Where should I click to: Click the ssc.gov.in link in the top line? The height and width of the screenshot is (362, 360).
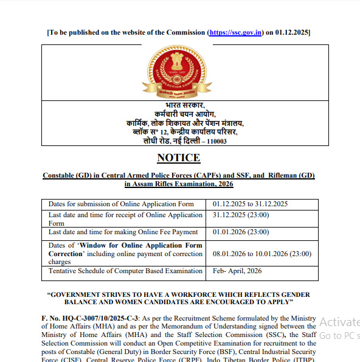(236, 32)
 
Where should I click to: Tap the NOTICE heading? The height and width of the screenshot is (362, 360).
(178, 158)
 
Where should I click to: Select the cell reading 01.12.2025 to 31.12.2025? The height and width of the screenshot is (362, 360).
(250, 204)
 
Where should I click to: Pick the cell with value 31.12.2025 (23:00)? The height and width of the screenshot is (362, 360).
(241, 215)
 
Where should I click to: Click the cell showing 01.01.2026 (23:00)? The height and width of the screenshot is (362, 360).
(241, 232)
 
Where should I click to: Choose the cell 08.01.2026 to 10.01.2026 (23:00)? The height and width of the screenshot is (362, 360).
(261, 254)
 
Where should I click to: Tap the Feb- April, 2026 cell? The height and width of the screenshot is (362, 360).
(237, 271)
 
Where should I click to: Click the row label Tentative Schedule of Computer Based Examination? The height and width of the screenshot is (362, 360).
(125, 271)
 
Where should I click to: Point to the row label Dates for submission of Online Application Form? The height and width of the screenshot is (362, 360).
(121, 204)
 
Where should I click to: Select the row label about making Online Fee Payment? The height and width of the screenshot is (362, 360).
(123, 232)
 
